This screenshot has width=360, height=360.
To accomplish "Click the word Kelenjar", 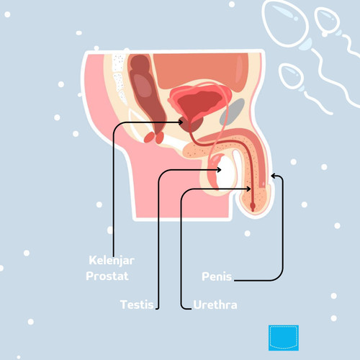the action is (112, 261).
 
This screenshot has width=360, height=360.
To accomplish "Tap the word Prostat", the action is (107, 276).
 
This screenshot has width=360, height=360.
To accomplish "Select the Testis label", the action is (137, 305).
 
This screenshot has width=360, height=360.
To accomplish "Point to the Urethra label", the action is (215, 305).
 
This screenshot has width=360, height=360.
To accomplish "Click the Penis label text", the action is (217, 276).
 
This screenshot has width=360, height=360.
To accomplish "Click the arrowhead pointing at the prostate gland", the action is (181, 122).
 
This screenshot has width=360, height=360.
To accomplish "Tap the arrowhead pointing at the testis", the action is (219, 170).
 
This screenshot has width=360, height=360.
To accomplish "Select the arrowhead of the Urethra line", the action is (248, 189).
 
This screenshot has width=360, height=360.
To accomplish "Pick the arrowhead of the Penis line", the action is (274, 176).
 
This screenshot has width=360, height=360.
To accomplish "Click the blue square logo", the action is (284, 338).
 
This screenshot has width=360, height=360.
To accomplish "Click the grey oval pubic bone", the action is (232, 112).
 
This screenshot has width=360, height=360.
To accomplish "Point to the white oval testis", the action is (225, 171).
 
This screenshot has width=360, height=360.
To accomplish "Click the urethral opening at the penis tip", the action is (253, 207).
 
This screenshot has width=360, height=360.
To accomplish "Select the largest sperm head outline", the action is (285, 23).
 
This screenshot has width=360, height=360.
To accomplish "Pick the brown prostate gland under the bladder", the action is (192, 125).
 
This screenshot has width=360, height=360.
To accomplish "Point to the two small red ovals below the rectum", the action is (154, 138).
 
